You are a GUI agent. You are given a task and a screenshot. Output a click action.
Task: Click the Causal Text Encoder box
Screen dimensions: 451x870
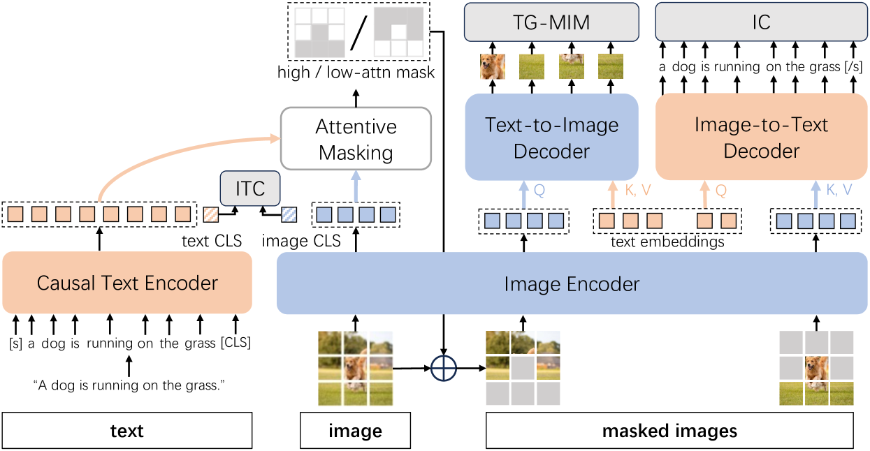click(127, 283)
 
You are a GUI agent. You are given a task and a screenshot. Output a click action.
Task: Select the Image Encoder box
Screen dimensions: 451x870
click(572, 284)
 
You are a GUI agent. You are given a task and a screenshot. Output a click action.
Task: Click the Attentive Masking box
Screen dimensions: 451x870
click(356, 139)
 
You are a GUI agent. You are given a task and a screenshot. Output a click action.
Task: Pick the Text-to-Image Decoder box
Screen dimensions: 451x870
click(552, 138)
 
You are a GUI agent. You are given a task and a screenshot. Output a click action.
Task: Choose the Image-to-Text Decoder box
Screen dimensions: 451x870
click(761, 138)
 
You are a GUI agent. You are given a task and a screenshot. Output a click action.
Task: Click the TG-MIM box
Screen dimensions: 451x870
click(552, 22)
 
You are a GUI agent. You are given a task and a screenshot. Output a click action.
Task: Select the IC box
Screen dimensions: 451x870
click(761, 22)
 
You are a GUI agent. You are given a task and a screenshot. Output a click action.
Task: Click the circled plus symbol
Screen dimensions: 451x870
click(443, 367)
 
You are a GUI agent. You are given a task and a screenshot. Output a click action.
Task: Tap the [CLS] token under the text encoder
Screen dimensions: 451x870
click(235, 343)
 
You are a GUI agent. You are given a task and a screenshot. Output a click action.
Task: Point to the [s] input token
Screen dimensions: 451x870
click(15, 343)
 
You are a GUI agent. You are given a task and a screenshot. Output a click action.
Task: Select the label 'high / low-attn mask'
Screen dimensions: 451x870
click(356, 72)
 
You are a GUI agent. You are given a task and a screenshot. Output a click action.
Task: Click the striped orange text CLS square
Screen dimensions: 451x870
click(211, 215)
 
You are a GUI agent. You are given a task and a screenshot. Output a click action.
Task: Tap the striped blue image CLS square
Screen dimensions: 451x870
click(289, 215)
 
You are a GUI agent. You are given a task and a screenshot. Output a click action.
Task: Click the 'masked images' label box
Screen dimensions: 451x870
click(669, 431)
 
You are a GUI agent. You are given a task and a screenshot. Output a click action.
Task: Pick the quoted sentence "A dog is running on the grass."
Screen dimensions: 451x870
click(128, 385)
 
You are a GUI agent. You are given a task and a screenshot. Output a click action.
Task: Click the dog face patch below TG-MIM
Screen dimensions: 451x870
click(493, 66)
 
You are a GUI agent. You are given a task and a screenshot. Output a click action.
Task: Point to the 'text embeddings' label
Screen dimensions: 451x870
click(667, 242)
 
